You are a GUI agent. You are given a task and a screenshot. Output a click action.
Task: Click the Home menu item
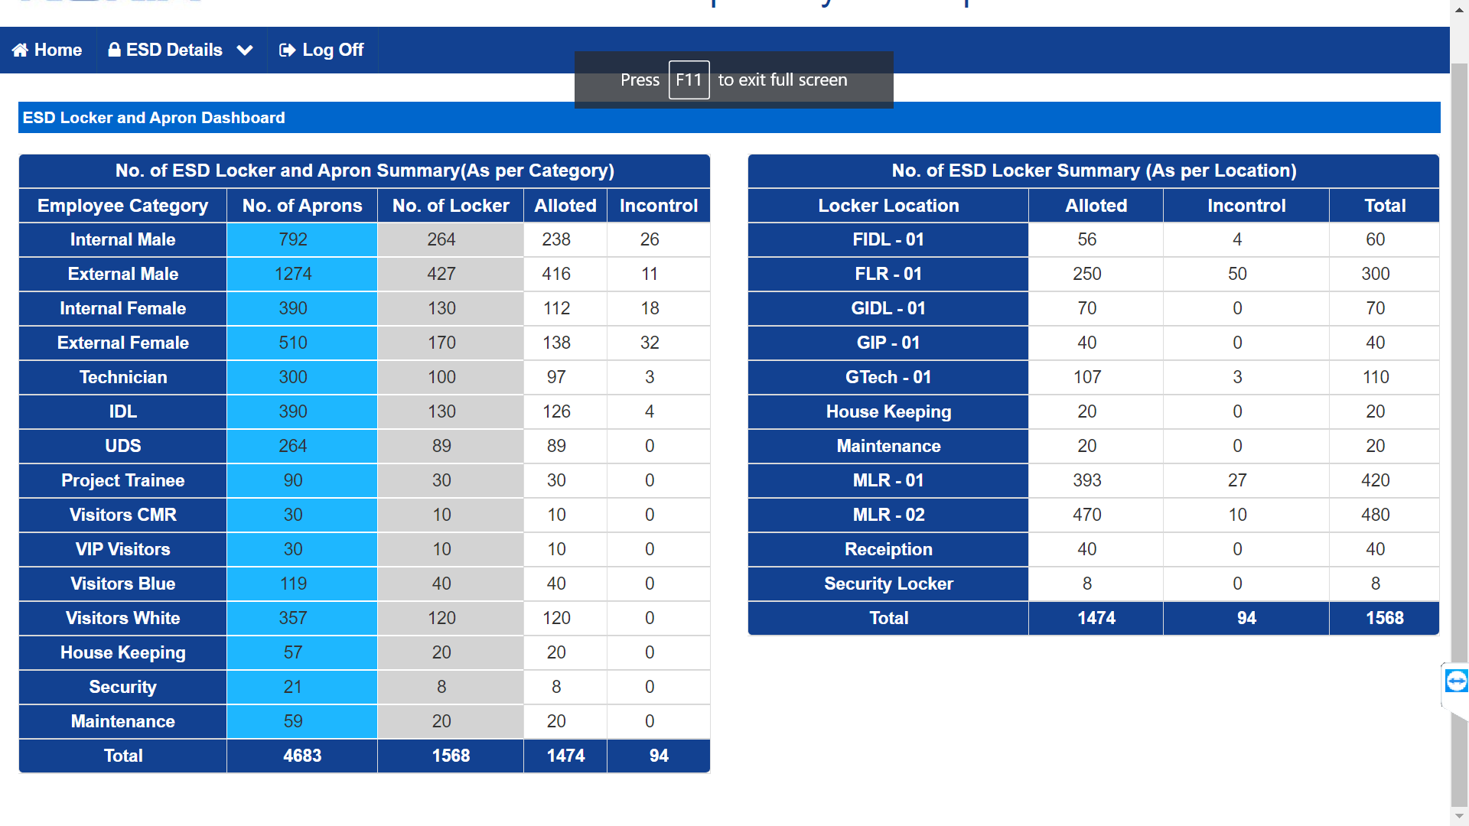[x=47, y=50]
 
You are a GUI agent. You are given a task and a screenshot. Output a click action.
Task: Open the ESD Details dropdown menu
[x=181, y=50]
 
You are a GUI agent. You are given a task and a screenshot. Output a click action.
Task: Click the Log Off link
[x=321, y=50]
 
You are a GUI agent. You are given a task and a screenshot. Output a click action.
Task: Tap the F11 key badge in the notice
[x=689, y=80]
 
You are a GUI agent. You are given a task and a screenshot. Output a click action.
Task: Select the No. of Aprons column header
[x=302, y=206]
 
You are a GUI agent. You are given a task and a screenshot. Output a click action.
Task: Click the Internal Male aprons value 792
[x=293, y=239]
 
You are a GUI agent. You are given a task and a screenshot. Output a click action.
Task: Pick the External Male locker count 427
[x=441, y=274]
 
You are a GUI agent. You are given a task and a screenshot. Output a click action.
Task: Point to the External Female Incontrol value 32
[x=650, y=343]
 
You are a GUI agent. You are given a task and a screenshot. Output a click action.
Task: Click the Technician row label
[x=123, y=377]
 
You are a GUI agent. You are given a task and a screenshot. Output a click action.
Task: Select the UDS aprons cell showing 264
[x=293, y=446]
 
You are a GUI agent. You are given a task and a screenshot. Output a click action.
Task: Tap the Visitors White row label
[x=123, y=618]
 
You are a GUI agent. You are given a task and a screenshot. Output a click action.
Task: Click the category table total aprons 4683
[x=302, y=756]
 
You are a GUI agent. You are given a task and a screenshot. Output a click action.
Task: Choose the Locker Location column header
[x=888, y=206]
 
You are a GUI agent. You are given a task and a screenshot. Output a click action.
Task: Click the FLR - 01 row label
[x=888, y=274]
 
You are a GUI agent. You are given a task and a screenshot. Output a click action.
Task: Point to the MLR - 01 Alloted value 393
[x=1087, y=480]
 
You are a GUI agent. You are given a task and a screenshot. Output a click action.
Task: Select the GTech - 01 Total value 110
[x=1376, y=377]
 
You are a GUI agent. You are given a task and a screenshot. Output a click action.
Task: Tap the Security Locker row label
[x=888, y=584]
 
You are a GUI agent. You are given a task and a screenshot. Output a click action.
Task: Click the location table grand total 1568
[x=1385, y=618]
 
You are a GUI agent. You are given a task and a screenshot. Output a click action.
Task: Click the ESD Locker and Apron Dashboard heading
[x=154, y=118]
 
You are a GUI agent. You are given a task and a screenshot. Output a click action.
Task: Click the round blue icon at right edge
[x=1456, y=681]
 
